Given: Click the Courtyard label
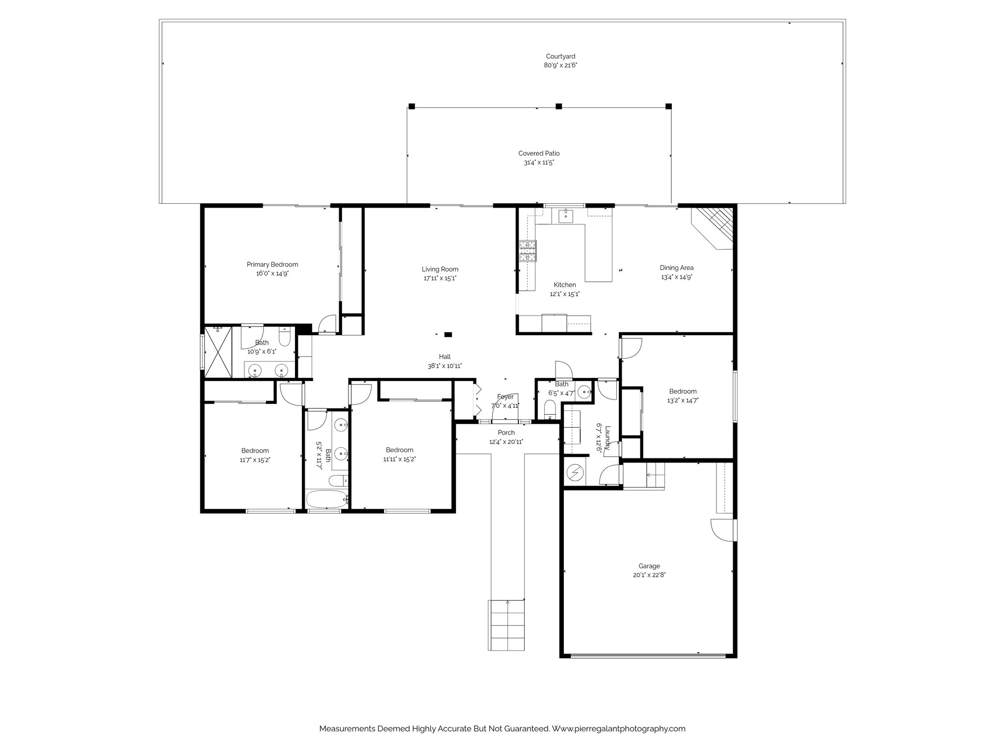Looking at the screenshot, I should (560, 56).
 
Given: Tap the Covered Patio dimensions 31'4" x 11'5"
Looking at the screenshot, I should (539, 162).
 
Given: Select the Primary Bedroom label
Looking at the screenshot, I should (272, 265).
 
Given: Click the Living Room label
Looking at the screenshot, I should (440, 269).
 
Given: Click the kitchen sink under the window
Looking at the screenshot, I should (566, 215).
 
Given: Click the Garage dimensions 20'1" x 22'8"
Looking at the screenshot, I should (649, 575).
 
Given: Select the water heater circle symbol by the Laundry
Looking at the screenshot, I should (575, 473).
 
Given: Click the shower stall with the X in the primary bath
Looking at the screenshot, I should (217, 351).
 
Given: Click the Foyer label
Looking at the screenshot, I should (505, 397).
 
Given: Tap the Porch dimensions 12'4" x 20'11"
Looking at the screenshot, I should (506, 442).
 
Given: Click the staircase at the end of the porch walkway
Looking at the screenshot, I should (507, 624).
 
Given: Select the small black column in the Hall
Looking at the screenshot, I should (448, 335).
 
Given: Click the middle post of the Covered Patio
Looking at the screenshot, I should (558, 106).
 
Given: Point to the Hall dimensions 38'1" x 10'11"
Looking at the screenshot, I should (444, 366).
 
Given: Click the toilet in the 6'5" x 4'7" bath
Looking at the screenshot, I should (550, 409).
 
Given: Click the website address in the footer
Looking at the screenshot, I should (618, 729).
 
